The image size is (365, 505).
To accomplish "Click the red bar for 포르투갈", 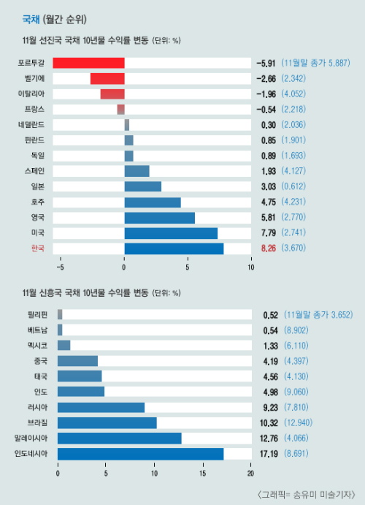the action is (89, 63).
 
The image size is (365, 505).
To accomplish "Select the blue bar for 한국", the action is (174, 248).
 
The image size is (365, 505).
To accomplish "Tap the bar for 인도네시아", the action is (141, 454).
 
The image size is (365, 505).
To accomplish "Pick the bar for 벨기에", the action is (107, 79).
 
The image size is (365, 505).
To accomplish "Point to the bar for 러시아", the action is (101, 407).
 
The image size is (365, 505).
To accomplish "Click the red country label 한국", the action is (38, 248).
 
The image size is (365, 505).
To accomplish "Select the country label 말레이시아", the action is (31, 438).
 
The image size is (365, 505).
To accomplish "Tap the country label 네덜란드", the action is (31, 125).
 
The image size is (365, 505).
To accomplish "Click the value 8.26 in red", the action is (269, 248).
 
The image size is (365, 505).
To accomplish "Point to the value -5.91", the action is (266, 63).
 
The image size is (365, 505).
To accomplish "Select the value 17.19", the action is (269, 454).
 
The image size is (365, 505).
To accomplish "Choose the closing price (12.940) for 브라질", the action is (298, 422).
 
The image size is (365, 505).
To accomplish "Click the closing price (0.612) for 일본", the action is (293, 186).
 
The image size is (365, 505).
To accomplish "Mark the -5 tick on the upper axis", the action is (60, 267).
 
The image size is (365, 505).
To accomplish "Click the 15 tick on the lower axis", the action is (203, 474).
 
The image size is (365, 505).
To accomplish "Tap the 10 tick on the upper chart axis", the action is (251, 267).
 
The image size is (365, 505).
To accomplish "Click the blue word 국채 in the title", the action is (31, 20).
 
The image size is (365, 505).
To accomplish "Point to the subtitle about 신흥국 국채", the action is (101, 293).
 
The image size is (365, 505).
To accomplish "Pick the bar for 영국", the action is (160, 218).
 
